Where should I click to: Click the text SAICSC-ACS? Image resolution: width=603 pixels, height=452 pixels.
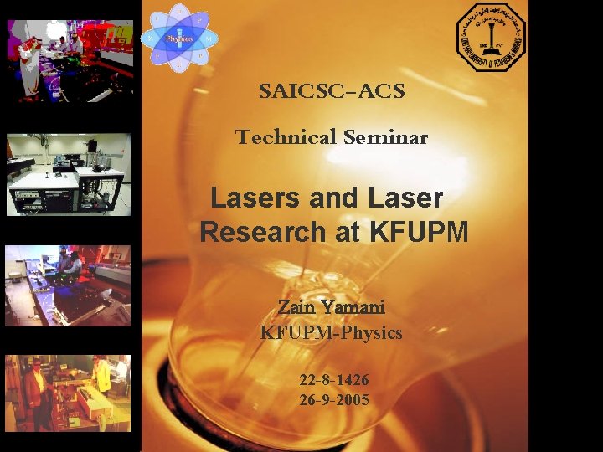pyautogui.click(x=332, y=91)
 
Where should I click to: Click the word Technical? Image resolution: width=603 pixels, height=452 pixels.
pyautogui.click(x=281, y=137)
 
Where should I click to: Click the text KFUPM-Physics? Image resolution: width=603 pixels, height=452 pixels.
pyautogui.click(x=331, y=332)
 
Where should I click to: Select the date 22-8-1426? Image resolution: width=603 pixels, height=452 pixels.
pyautogui.click(x=334, y=380)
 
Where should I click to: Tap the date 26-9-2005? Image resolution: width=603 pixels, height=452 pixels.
pyautogui.click(x=334, y=400)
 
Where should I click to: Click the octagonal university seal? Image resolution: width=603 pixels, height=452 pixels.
pyautogui.click(x=492, y=38)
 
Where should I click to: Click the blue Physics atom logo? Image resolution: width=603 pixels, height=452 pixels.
pyautogui.click(x=179, y=38)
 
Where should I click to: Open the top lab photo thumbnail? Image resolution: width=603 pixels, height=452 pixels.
pyautogui.click(x=69, y=60)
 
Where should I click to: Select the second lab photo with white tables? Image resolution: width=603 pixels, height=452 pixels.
pyautogui.click(x=69, y=174)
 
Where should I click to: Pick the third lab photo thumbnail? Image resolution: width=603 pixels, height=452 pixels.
pyautogui.click(x=68, y=285)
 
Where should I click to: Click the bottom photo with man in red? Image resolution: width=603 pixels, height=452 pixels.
pyautogui.click(x=68, y=393)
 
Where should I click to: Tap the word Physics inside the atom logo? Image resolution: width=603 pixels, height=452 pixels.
pyautogui.click(x=179, y=39)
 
